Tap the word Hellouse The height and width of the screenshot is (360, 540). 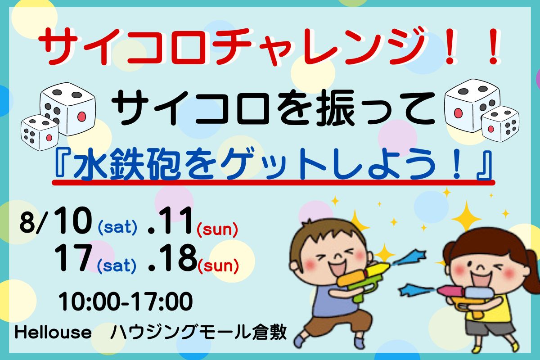53,332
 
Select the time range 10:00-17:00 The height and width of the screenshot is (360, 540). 126,301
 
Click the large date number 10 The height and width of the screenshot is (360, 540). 73,220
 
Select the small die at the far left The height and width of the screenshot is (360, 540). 40,132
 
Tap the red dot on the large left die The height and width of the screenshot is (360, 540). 82,117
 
